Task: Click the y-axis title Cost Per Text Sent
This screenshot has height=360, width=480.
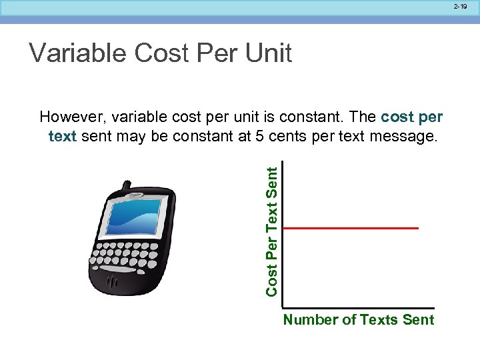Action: click(x=272, y=231)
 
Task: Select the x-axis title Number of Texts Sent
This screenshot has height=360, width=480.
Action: click(x=358, y=320)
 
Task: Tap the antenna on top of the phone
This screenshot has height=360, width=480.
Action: click(x=125, y=187)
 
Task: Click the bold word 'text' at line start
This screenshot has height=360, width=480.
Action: click(x=61, y=137)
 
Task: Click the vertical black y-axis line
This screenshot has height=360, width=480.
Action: click(x=282, y=233)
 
